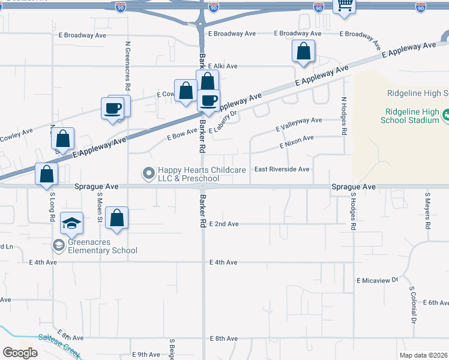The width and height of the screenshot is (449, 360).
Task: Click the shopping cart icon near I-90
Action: click(x=345, y=5)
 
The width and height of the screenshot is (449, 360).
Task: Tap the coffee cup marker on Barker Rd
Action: click(x=208, y=100)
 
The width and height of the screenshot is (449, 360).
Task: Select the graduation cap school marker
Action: click(x=71, y=224)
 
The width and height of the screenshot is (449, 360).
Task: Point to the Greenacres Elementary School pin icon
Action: click(x=58, y=245)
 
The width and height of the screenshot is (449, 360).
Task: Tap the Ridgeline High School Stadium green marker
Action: click(x=447, y=115)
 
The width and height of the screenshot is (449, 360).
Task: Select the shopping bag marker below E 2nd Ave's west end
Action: click(x=117, y=218)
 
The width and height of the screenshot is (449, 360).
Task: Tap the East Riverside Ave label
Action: click(x=282, y=169)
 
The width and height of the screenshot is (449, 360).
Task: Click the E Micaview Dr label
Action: click(x=378, y=280)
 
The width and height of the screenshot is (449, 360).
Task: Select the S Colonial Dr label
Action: click(x=413, y=304)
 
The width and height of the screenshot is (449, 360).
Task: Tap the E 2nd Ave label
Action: click(x=224, y=224)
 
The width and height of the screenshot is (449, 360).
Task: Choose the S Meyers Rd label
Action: click(x=428, y=211)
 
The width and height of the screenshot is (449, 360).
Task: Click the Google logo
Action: click(x=20, y=353)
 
